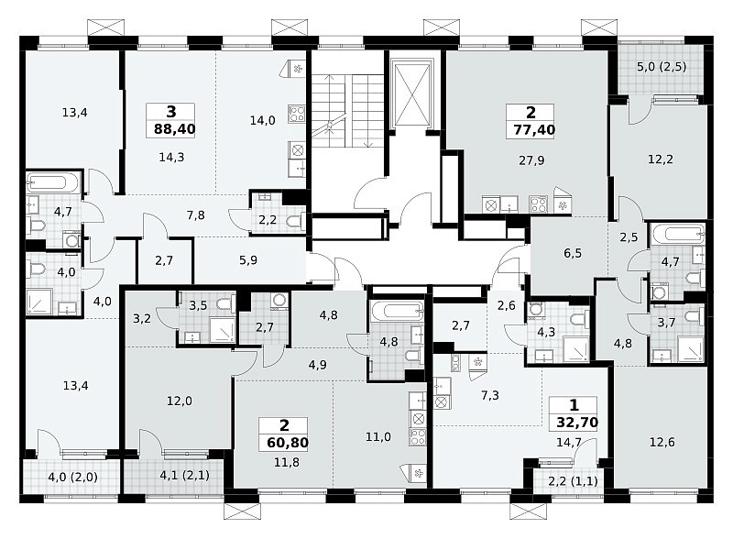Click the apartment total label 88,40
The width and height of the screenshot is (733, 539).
click(174, 128)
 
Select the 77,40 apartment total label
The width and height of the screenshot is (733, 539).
click(534, 129)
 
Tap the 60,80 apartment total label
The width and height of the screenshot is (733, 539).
click(288, 442)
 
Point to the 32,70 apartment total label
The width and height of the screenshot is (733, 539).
click(577, 423)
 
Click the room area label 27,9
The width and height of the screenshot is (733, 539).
click(531, 160)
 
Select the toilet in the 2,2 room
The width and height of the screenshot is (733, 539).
click(297, 221)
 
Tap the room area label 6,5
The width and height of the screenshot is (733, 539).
click(573, 253)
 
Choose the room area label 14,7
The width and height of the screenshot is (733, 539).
click(568, 442)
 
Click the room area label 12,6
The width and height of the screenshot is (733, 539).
click(662, 442)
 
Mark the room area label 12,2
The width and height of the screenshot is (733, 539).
click(661, 159)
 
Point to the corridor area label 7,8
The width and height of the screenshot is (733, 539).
click(195, 215)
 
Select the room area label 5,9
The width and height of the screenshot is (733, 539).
click(248, 260)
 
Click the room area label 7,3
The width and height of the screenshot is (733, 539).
click(490, 396)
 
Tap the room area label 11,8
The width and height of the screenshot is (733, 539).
click(287, 463)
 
